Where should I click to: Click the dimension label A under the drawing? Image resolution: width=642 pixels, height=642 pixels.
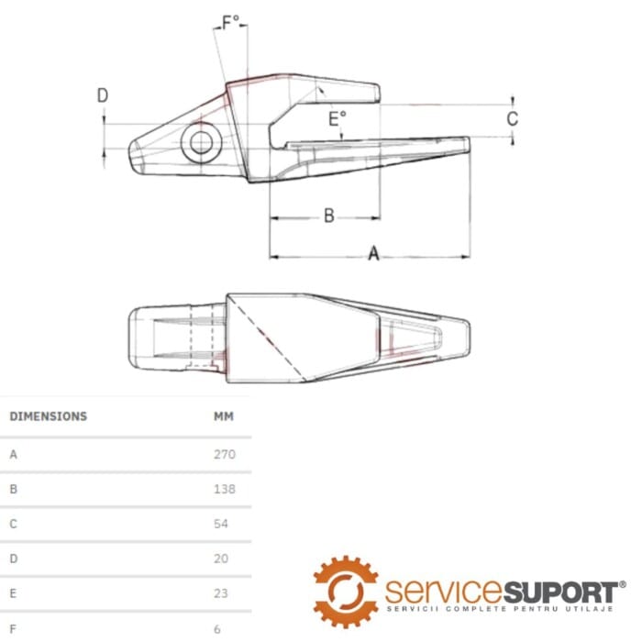coord(373,254)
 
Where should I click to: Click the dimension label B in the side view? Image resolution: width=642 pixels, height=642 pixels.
coord(328,216)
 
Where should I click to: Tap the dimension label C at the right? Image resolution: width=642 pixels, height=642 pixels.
coord(513,118)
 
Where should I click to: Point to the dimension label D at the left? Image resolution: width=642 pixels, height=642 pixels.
coord(103,95)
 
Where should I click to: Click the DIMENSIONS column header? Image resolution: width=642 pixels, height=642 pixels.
coord(48,416)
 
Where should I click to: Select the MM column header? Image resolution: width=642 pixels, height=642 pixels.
coord(224,416)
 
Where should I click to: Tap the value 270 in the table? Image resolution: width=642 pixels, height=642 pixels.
coord(224,454)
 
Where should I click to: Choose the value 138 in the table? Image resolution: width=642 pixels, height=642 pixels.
coord(224,489)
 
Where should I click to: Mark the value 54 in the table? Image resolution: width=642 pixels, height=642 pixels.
coord(220,524)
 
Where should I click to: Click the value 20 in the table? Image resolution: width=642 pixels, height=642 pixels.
coord(220,559)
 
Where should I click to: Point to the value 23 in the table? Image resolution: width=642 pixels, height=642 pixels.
coord(220,593)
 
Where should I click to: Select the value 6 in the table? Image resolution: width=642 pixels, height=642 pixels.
coord(217,629)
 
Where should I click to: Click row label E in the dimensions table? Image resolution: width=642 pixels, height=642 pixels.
coord(13,593)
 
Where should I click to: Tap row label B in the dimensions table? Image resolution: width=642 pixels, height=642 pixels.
coord(13,489)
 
